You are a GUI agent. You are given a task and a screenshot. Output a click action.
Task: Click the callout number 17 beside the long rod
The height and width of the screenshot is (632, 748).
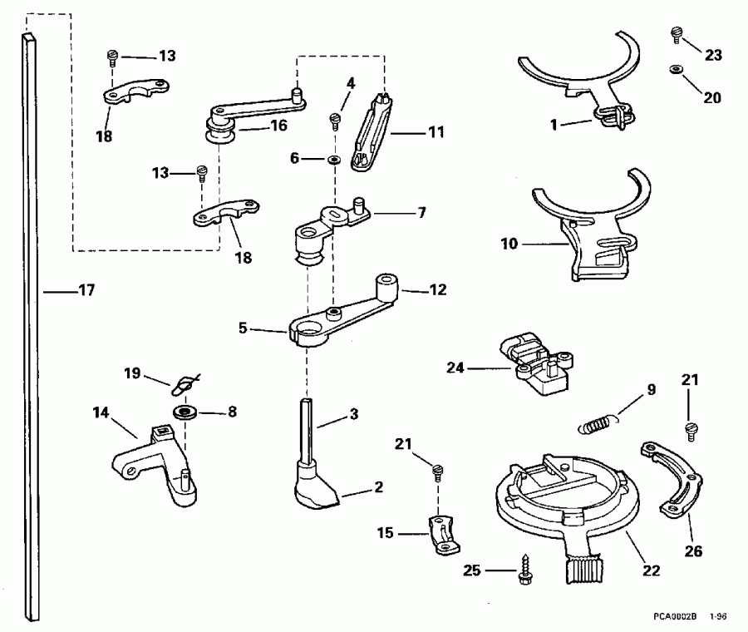click(x=86, y=291)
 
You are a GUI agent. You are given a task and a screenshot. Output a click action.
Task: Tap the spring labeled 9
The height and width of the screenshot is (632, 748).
click(x=597, y=424)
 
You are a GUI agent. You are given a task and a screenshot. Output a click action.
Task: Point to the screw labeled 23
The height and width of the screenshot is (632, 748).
click(x=676, y=34)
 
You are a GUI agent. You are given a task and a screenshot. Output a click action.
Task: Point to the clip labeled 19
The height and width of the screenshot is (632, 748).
click(x=185, y=385)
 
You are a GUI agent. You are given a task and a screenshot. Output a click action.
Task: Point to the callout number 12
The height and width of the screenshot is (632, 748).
click(x=436, y=290)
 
